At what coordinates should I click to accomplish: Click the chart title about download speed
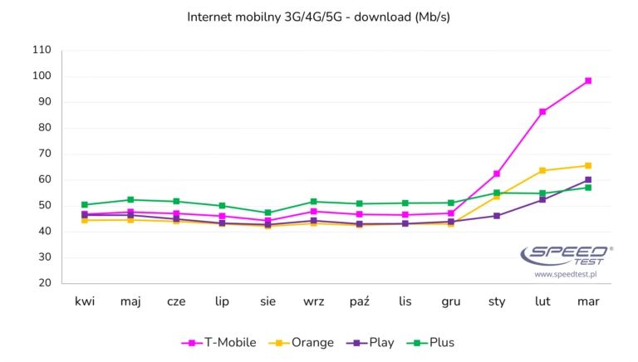(319, 17)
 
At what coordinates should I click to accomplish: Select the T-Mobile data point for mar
(588, 81)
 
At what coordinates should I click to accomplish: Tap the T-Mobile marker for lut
(542, 111)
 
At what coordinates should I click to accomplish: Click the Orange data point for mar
(588, 165)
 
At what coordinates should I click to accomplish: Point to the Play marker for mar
(588, 179)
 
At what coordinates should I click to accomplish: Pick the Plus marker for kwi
(85, 204)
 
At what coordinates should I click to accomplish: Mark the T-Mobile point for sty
(497, 174)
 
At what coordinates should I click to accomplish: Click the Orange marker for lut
(542, 170)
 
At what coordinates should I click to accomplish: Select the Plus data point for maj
(130, 199)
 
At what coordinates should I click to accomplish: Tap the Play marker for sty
(497, 216)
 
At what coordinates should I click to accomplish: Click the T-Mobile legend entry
(219, 342)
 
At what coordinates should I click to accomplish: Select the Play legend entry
(372, 342)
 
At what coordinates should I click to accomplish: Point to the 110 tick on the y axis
(41, 51)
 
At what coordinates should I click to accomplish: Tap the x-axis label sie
(267, 301)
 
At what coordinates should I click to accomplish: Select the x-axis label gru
(451, 301)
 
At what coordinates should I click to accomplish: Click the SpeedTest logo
(567, 255)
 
